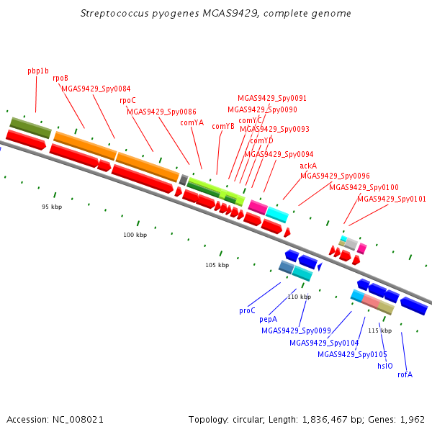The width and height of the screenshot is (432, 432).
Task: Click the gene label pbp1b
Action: pos(38,71)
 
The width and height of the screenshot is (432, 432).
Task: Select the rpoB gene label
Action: pos(60,78)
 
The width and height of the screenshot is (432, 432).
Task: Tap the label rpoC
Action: pos(127,100)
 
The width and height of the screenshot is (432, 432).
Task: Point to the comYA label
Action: pos(192,122)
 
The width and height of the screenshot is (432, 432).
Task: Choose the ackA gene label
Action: pos(308,166)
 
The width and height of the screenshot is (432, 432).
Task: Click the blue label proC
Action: pos(247,310)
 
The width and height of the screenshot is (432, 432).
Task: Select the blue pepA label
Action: pos(268,318)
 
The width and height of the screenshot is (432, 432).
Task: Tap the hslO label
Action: pos(385,366)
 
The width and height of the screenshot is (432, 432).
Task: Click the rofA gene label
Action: pos(405,374)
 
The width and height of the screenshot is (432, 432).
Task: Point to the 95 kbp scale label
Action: pos(53,207)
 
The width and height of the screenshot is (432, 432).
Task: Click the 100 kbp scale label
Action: pos(135,235)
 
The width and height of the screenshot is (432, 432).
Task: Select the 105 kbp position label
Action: pos(217,265)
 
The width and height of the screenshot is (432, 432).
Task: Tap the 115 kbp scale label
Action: pos(379,330)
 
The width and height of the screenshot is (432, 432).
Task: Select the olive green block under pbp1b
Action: pos(30,127)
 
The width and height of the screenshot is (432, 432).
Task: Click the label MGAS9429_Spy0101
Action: pos(392,199)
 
